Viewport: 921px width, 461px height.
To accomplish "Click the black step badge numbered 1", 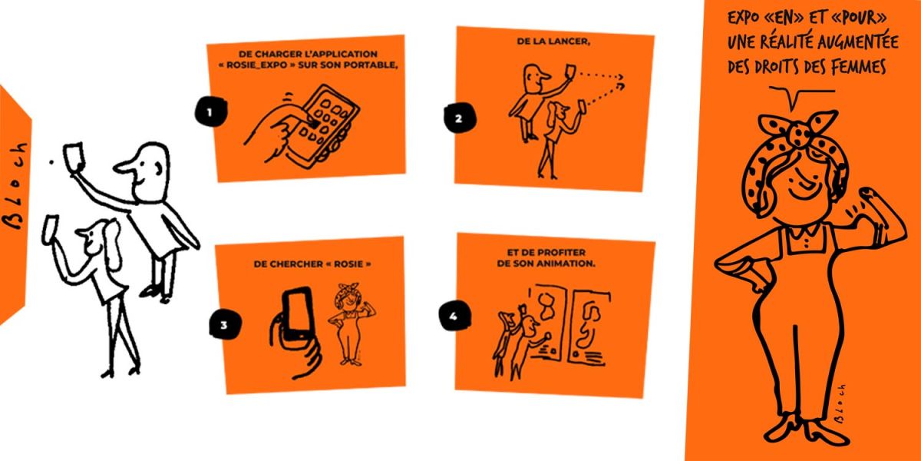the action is [210, 111].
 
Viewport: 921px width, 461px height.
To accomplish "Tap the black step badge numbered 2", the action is [460, 118].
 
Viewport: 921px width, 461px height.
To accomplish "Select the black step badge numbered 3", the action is [224, 325].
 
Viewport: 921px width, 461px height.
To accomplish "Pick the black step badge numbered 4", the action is [454, 316].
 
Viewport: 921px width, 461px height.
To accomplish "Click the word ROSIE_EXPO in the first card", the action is [257, 65].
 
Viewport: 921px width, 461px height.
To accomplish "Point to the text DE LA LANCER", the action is [553, 41].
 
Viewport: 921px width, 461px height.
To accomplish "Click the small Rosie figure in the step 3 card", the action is [351, 324].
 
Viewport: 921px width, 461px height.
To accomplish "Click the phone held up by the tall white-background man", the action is [74, 155].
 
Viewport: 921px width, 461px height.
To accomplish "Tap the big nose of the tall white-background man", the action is [124, 167].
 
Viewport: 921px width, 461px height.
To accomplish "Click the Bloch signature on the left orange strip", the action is [15, 185].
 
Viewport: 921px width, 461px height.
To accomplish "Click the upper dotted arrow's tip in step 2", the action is [622, 77].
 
